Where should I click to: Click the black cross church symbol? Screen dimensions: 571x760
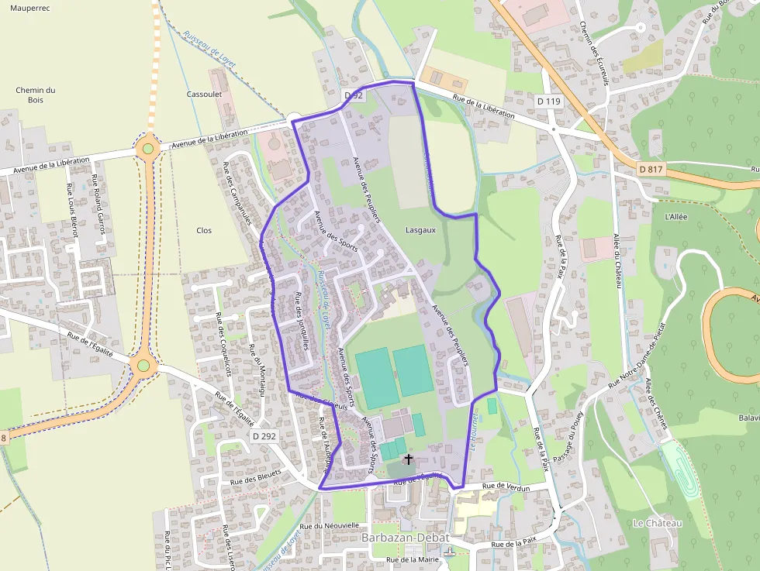409,459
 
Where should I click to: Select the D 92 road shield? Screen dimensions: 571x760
353,95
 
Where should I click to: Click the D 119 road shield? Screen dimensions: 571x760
548,101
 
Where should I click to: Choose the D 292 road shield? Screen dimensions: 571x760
264,436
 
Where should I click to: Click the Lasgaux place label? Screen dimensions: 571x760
421,230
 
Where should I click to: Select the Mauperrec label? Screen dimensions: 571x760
29,8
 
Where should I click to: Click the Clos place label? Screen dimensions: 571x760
204,230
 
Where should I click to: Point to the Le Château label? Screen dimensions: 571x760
658,523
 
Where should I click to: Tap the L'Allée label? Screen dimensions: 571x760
675,217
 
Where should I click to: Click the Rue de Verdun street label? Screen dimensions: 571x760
505,486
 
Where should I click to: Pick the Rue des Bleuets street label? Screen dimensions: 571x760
255,474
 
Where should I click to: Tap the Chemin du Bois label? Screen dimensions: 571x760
36,95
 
